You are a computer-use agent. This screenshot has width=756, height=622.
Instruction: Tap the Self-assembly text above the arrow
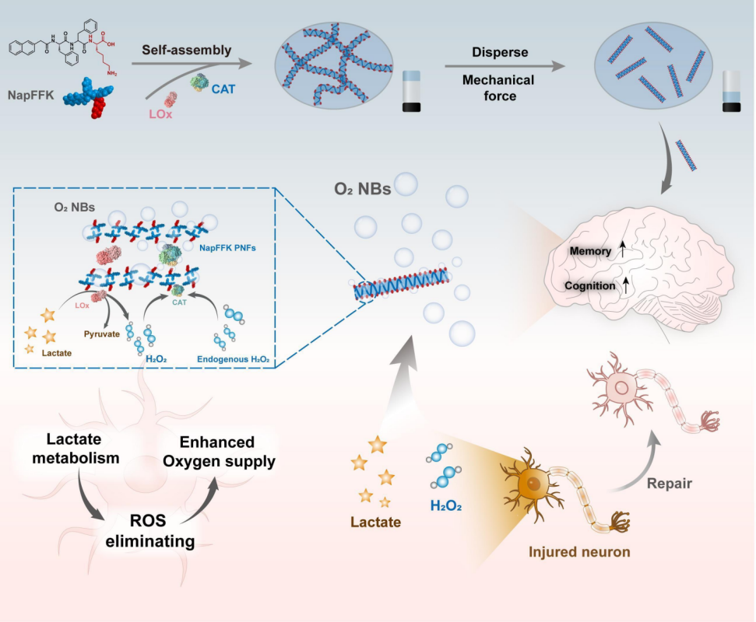click(187, 51)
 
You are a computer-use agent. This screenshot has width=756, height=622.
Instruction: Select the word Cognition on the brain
click(590, 285)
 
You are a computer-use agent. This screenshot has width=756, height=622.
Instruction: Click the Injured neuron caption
click(579, 553)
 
